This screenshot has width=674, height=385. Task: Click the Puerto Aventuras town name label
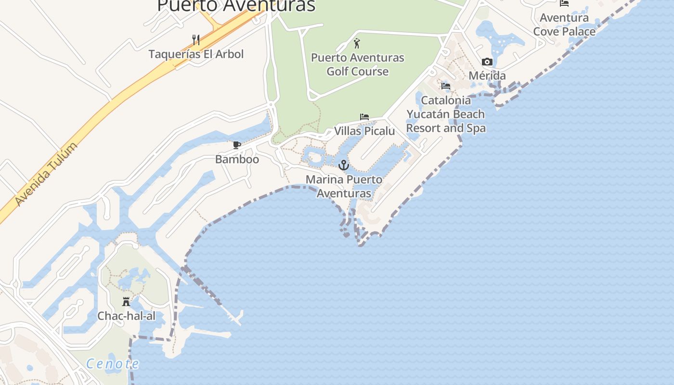236,6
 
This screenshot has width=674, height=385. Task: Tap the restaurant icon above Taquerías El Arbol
196,39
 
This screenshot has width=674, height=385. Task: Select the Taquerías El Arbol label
196,54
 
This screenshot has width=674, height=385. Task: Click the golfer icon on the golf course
357,43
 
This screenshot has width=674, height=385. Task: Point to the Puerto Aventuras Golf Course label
357,64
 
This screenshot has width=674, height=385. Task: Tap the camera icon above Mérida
487,62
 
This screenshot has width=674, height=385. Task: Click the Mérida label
487,76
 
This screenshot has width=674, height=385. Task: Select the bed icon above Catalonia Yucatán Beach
446,86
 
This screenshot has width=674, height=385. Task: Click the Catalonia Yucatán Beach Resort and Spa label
446,114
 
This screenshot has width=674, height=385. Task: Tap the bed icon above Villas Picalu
364,117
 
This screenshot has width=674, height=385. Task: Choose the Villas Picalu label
364,131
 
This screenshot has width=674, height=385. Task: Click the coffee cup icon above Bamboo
237,145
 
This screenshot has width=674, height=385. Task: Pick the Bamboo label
237,159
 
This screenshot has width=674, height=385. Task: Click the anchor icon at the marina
343,165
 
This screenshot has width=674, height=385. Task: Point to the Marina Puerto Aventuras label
344,186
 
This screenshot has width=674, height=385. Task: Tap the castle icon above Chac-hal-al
126,302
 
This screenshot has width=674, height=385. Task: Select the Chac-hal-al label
126,316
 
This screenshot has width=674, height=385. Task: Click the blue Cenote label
113,364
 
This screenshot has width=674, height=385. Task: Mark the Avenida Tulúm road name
46,175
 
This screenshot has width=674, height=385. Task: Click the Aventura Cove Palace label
564,25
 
